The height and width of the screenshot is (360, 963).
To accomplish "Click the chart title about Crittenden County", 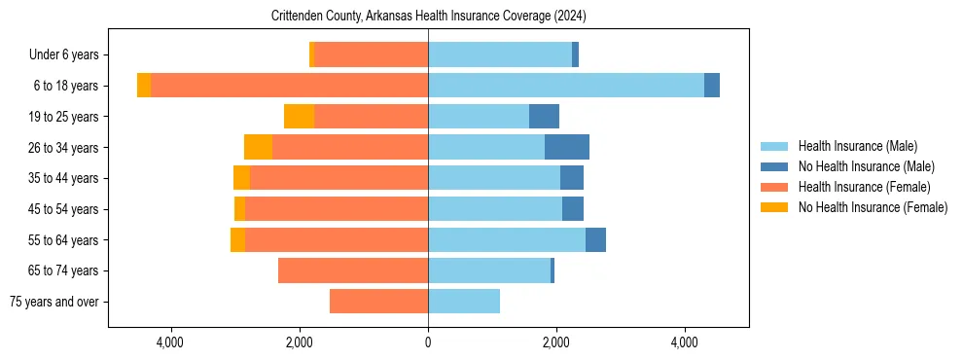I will [428, 17].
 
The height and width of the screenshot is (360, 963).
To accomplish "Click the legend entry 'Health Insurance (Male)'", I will [857, 146].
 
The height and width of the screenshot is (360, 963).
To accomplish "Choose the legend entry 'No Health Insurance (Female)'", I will [873, 207].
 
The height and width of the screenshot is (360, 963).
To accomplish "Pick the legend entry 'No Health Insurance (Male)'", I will [866, 166].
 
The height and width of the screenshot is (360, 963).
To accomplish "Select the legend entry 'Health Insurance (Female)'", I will [864, 187].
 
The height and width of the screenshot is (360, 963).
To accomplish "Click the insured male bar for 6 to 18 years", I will [566, 86].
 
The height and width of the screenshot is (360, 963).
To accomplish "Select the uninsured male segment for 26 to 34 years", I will [567, 147].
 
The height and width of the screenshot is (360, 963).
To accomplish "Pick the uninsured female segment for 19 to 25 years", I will [300, 117].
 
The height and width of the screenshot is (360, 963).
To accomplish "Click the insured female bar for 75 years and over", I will [378, 302].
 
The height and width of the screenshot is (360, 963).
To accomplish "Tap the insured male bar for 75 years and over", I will [464, 302].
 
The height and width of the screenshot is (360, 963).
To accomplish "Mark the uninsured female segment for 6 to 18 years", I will [144, 86].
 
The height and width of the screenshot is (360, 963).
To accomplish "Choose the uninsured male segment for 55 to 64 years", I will [595, 240].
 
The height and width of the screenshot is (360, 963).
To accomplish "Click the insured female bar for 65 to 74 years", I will [353, 270].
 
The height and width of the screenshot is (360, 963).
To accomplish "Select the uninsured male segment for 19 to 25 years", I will [544, 117].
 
